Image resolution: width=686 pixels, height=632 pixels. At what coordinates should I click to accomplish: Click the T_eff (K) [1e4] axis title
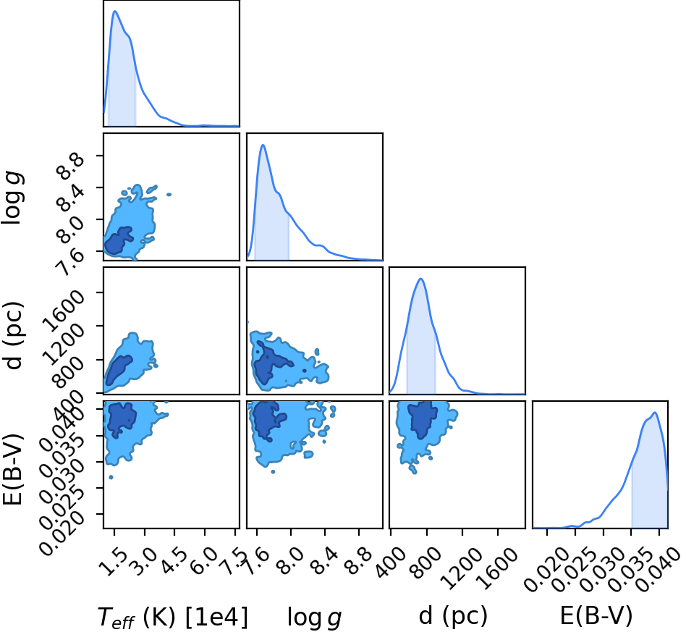173,618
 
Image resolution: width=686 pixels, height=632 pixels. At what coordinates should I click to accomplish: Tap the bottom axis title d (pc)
453,616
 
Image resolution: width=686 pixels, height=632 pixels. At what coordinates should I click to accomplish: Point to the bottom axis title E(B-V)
596,616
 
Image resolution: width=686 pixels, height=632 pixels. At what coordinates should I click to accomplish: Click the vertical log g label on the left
12,198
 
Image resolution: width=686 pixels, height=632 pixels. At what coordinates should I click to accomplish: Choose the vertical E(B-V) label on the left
12,469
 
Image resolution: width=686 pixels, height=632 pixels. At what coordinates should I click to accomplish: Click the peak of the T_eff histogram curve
115,12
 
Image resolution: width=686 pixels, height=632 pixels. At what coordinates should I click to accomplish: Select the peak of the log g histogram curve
263,145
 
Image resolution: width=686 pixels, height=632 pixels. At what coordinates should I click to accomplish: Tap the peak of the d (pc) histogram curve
420,279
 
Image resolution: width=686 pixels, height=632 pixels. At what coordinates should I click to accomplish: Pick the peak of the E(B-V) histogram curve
654,413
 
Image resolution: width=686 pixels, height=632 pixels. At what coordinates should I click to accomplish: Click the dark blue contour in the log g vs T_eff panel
117,242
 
